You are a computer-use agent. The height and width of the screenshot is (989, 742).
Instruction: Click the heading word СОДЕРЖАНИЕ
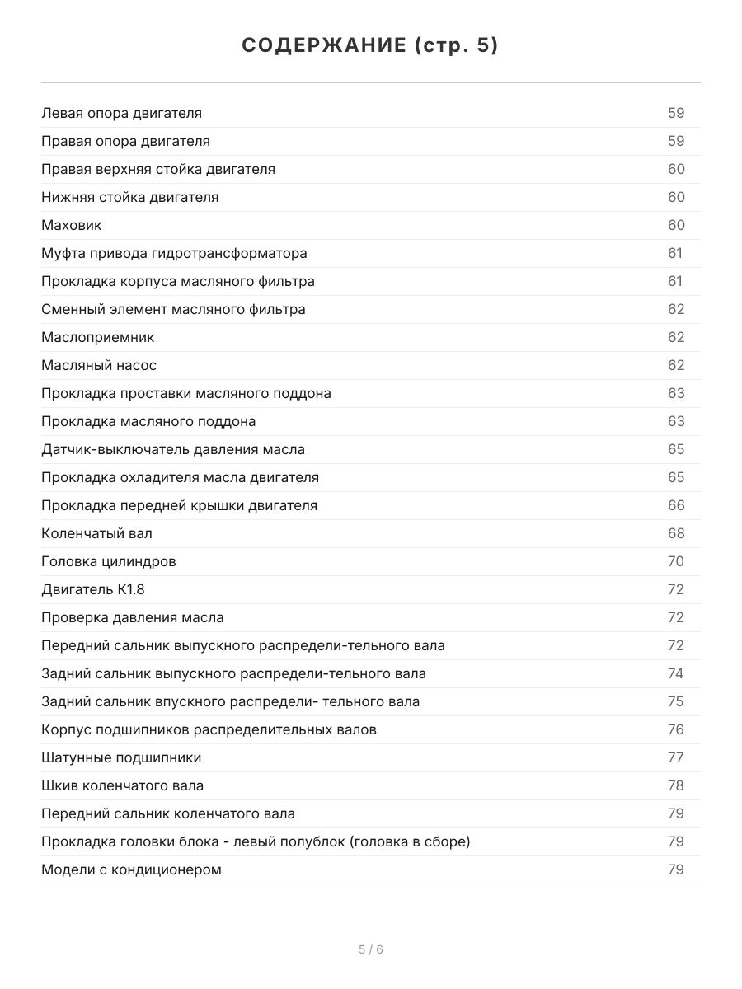pyautogui.click(x=322, y=45)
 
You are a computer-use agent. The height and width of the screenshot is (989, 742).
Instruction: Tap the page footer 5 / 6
pyautogui.click(x=371, y=949)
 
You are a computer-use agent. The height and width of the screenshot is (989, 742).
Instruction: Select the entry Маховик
pyautogui.click(x=72, y=225)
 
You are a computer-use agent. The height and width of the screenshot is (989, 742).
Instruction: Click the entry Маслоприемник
pyautogui.click(x=97, y=337)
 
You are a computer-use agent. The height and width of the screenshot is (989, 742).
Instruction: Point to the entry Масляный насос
pyautogui.click(x=99, y=365)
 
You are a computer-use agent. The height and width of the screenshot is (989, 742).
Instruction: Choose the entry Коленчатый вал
pyautogui.click(x=96, y=533)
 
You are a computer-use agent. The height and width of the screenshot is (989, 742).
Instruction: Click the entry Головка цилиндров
pyautogui.click(x=108, y=561)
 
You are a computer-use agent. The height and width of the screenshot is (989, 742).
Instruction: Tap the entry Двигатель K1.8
pyautogui.click(x=93, y=589)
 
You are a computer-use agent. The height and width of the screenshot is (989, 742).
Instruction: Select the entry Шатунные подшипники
pyautogui.click(x=121, y=757)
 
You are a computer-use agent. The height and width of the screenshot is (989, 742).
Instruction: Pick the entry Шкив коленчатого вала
pyautogui.click(x=122, y=785)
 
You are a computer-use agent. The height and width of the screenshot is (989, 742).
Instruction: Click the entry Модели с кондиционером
pyautogui.click(x=131, y=869)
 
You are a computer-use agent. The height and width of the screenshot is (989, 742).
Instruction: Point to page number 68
pyautogui.click(x=676, y=533)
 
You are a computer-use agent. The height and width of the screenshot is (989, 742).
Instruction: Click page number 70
pyautogui.click(x=676, y=561)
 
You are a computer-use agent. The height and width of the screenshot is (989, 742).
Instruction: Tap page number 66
pyautogui.click(x=676, y=505)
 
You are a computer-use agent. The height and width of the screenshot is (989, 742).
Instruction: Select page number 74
pyautogui.click(x=676, y=673)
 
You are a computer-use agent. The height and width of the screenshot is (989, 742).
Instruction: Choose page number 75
pyautogui.click(x=676, y=701)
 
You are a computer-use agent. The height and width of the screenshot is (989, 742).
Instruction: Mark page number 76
pyautogui.click(x=676, y=729)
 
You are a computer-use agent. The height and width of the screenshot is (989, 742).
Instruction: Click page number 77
pyautogui.click(x=676, y=757)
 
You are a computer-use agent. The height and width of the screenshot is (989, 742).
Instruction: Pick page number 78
pyautogui.click(x=676, y=785)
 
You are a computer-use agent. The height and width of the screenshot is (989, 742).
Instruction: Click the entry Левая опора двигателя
pyautogui.click(x=121, y=113)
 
